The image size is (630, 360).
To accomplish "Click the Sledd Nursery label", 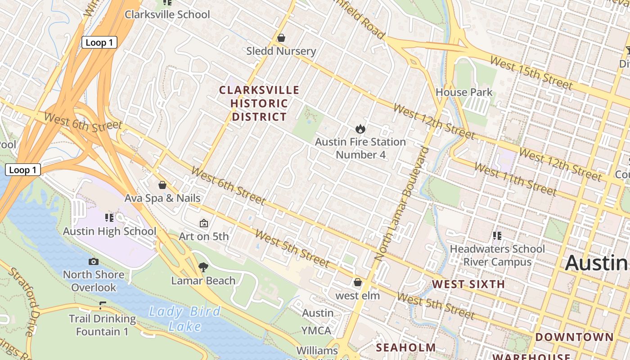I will (281, 51).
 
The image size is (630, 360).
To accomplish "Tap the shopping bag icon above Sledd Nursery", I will (281, 38).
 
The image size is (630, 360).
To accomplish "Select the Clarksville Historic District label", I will (259, 103).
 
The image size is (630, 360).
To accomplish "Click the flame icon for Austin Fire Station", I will (360, 129).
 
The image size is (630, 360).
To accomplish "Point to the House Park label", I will (464, 92).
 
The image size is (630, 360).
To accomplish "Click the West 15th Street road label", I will (531, 73).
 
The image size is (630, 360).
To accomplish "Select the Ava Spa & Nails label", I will (162, 198).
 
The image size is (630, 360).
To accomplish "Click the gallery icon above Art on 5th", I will (204, 223).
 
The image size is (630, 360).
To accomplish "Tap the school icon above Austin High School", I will (109, 218).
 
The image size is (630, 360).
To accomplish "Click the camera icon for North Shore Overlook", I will (94, 261).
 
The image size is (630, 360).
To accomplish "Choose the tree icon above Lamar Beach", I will (203, 267).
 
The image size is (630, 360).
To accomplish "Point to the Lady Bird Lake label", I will (184, 318).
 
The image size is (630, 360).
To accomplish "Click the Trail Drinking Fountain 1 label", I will (102, 325).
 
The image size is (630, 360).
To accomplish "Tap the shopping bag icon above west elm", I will (358, 282).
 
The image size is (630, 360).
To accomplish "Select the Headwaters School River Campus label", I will (497, 255).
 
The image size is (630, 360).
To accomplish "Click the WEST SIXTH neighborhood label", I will (468, 284).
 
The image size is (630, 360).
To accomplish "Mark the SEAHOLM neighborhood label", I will (406, 347).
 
